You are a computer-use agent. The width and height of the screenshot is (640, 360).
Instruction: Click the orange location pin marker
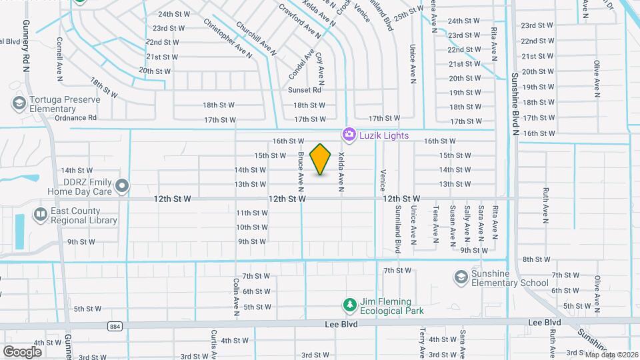[321, 159]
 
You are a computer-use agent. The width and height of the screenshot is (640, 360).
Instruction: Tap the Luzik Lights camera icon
[348, 135]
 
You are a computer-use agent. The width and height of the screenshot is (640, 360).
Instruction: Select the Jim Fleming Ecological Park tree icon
[349, 305]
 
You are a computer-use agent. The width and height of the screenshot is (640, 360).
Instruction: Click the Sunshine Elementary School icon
[460, 277]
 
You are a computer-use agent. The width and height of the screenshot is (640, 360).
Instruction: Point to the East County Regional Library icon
[40, 214]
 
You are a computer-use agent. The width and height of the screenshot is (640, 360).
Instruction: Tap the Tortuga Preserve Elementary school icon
[19, 103]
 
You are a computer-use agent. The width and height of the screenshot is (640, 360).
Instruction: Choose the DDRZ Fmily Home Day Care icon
[121, 185]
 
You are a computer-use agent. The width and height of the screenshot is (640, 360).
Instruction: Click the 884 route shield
[116, 325]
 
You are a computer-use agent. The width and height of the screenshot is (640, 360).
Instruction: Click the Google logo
[22, 351]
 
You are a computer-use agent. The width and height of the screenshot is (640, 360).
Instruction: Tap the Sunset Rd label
[305, 89]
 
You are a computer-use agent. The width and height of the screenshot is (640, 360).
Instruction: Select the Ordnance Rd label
[75, 117]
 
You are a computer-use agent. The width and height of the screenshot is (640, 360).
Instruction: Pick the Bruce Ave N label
[301, 168]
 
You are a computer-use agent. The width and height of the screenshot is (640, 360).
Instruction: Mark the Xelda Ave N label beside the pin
[341, 171]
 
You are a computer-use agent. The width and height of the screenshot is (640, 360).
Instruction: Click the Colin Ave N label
[236, 296]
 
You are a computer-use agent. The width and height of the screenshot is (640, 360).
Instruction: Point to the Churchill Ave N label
[257, 39]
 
